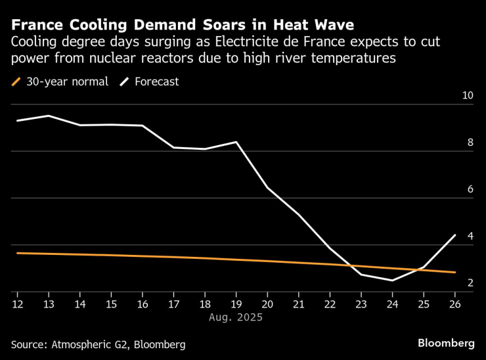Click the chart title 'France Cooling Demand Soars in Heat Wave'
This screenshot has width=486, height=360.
coord(183,25)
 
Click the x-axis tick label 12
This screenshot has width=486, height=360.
coord(16,304)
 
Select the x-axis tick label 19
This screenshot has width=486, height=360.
coord(236,304)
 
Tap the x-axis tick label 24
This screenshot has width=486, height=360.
coord(392,304)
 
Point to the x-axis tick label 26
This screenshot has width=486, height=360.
coord(454,304)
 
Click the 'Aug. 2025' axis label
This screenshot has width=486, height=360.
coord(235,317)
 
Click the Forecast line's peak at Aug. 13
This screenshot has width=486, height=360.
coord(48,116)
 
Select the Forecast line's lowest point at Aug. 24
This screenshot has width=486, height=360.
coord(392,281)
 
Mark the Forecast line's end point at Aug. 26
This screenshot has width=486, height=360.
coord(454,235)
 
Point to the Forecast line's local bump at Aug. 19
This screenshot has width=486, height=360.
coord(236,142)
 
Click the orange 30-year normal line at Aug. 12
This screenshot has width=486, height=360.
coord(17,253)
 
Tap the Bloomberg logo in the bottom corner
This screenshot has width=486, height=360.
coord(446,344)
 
